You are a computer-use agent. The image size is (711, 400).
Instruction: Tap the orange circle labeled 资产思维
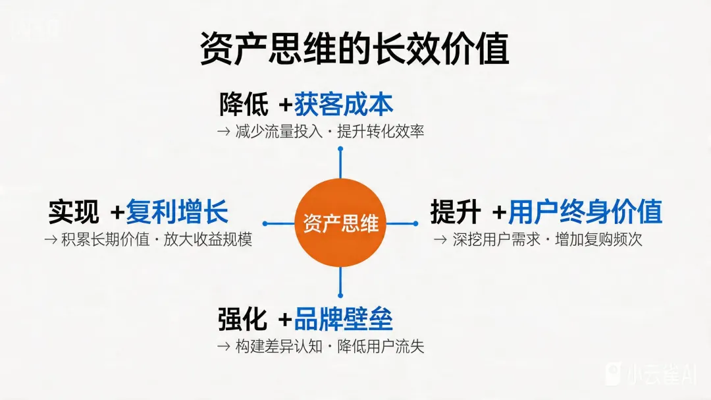[340, 223]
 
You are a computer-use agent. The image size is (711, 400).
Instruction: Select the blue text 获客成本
[344, 105]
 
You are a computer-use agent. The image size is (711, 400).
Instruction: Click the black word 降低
[244, 105]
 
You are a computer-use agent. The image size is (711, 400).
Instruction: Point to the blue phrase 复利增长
[177, 213]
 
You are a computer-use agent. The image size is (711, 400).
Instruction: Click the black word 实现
[73, 213]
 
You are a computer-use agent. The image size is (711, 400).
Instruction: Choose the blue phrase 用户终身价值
[585, 213]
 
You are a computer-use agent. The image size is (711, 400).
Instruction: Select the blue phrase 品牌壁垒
[344, 320]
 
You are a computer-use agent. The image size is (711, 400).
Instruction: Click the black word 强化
[242, 320]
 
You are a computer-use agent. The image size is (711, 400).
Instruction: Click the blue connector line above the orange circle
[340, 165]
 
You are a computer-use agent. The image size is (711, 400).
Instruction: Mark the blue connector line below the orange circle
[340, 280]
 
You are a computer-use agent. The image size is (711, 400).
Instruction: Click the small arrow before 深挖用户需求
[440, 239]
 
